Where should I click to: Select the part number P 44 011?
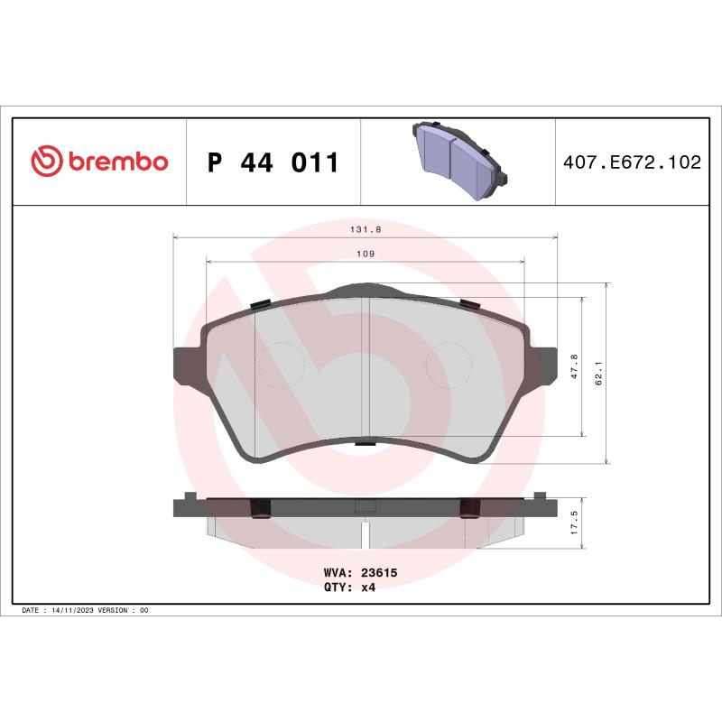[273, 163]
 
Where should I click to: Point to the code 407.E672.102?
[632, 163]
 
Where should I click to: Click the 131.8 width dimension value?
[366, 229]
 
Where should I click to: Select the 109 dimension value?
[365, 255]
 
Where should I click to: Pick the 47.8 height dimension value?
[575, 366]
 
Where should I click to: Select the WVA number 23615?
[380, 572]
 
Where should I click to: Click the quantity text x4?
[368, 587]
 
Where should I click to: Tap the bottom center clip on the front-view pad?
[365, 442]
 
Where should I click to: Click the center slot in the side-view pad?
[365, 532]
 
